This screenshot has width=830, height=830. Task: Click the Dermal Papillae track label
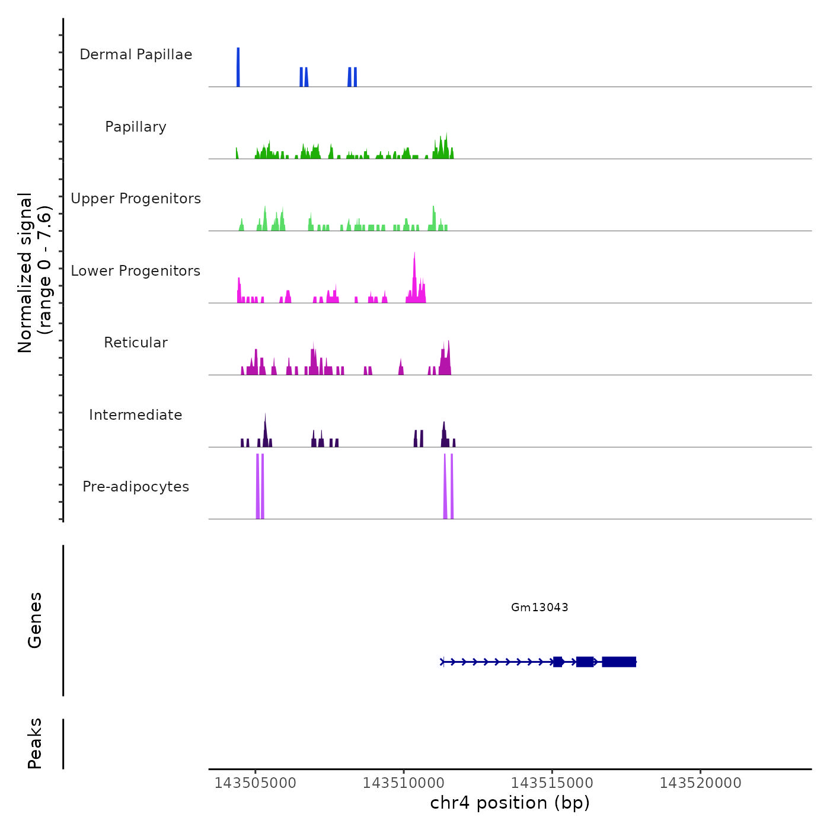[x=136, y=55]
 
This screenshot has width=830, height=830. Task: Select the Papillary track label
[x=136, y=127]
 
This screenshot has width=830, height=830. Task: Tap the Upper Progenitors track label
[x=136, y=199]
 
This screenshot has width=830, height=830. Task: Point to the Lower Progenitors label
[x=136, y=271]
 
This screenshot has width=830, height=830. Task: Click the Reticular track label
[x=136, y=343]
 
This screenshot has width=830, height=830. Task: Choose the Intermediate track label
[x=136, y=415]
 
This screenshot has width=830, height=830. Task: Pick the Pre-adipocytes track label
[x=136, y=487]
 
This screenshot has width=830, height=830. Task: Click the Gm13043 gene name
[x=539, y=607]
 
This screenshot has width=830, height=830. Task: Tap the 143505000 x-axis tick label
[x=256, y=783]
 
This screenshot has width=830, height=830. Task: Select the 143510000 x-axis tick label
[x=404, y=783]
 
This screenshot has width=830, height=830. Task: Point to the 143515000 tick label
[x=552, y=783]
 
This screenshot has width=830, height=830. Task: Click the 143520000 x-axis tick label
[x=700, y=783]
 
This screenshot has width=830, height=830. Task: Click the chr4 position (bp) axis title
[x=510, y=803]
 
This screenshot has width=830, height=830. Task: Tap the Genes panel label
[x=35, y=620]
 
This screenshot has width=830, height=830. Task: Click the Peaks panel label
[x=35, y=743]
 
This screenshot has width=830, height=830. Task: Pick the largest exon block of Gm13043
[x=619, y=662]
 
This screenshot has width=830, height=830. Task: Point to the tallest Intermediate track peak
[x=265, y=424]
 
